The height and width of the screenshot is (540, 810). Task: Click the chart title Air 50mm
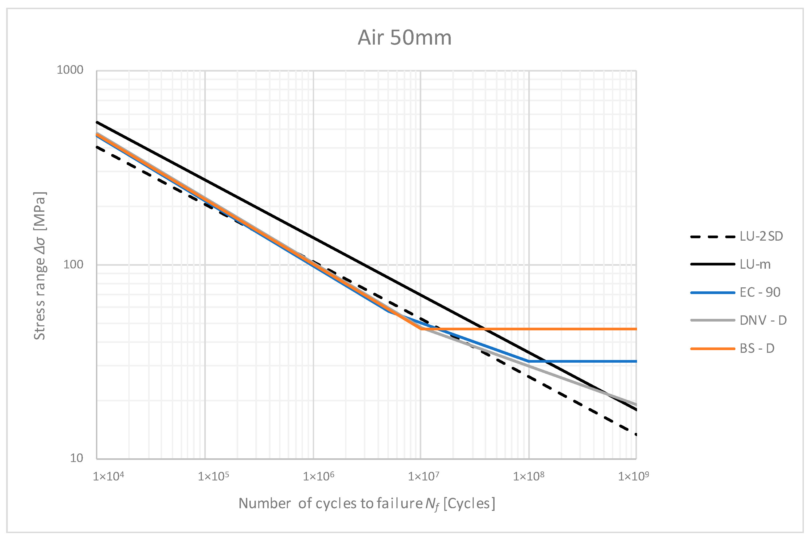(x=404, y=38)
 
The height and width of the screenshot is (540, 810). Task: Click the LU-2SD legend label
(x=761, y=237)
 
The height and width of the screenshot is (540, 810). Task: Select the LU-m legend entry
(x=755, y=264)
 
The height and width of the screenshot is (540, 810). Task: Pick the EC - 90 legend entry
(x=760, y=292)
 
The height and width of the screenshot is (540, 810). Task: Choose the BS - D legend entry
(x=757, y=349)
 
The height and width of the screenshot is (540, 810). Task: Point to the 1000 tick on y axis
(x=70, y=70)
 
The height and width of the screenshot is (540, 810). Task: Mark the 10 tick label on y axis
(x=76, y=458)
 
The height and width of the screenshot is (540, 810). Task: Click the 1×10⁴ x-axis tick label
(x=108, y=476)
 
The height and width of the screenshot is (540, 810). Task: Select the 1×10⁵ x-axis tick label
(x=213, y=476)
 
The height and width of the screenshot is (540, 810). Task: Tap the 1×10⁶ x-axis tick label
(x=318, y=476)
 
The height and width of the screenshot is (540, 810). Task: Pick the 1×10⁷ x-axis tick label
(x=424, y=476)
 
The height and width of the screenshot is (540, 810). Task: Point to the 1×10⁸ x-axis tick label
(x=529, y=476)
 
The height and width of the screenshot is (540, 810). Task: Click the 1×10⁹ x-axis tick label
(x=634, y=476)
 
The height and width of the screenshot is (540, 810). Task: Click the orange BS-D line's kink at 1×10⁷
(x=421, y=329)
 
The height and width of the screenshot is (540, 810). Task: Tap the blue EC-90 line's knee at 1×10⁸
(x=529, y=361)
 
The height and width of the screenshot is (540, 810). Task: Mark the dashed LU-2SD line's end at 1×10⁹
(x=636, y=435)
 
